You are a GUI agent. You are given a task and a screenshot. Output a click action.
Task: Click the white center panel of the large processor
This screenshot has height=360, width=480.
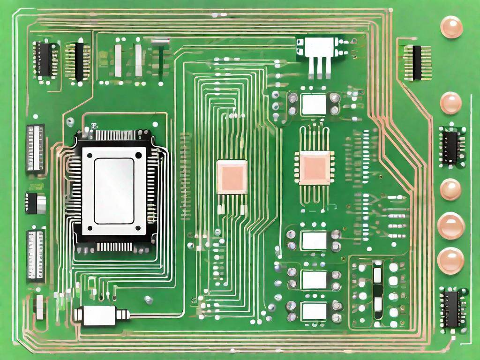(114, 190)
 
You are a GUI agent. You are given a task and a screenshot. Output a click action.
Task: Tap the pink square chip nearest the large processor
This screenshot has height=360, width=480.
(231, 177)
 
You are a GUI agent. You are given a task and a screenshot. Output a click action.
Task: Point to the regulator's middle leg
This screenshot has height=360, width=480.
(319, 68)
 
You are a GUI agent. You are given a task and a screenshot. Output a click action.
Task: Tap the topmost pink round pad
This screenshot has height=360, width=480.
(451, 27)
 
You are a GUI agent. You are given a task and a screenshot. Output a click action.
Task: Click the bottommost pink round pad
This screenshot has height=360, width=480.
(451, 261)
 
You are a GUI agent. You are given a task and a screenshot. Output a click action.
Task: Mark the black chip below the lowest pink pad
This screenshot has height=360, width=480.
(452, 309)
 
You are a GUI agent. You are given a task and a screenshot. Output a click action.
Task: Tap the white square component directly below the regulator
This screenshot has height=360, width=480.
(314, 104)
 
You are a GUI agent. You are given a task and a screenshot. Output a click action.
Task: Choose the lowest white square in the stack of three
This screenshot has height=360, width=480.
(314, 310)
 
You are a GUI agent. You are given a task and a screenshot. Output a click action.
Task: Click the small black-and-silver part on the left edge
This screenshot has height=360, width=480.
(37, 203)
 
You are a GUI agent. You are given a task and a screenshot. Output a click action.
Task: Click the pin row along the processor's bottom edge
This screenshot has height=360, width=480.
(114, 247)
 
